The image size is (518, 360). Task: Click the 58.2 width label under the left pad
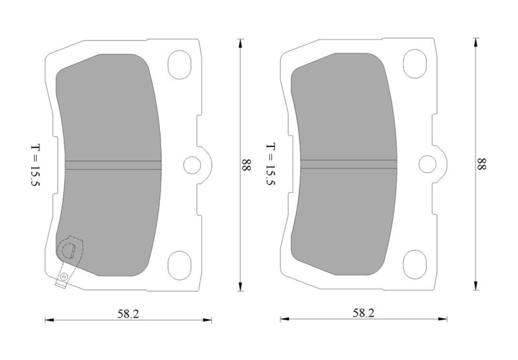(128, 314)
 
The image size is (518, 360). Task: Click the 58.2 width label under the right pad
(363, 313)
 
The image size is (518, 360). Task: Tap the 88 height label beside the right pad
(482, 164)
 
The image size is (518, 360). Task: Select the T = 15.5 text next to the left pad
(35, 165)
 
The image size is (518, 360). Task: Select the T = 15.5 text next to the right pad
(271, 164)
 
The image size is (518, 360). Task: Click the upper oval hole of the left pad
(179, 65)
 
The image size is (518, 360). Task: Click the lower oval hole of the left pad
(179, 265)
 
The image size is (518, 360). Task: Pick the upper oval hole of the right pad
(415, 63)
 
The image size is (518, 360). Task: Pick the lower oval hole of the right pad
(415, 264)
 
